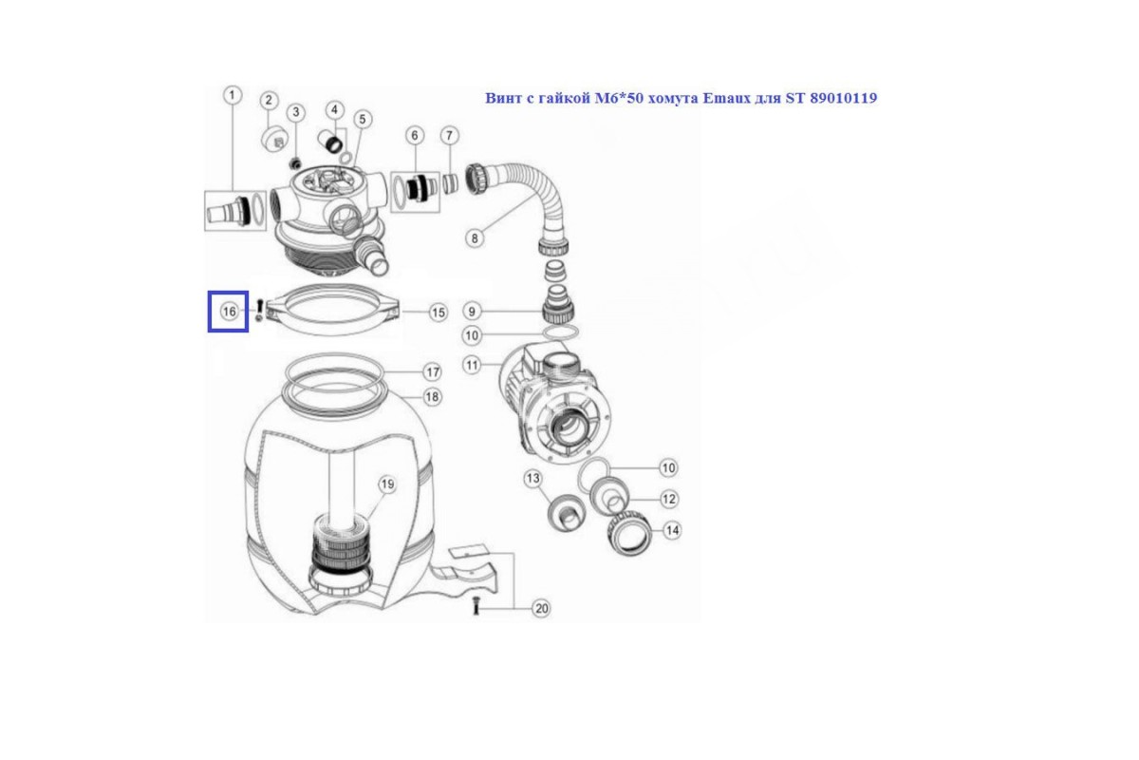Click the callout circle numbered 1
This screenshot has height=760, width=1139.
(x=233, y=95)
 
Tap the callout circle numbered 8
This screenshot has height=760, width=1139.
(x=475, y=238)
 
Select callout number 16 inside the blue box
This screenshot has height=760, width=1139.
(x=230, y=312)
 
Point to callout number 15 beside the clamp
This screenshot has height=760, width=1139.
(x=439, y=313)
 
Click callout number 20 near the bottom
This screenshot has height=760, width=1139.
(x=541, y=608)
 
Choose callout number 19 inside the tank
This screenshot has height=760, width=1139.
(x=387, y=484)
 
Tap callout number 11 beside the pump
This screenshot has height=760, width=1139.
(x=473, y=366)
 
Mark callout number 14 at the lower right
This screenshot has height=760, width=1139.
(x=672, y=530)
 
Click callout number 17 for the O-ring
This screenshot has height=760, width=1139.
(x=433, y=372)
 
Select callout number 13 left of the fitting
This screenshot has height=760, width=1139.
(x=532, y=479)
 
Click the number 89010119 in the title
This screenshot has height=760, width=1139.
(x=844, y=98)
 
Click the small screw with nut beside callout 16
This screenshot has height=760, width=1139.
(x=259, y=311)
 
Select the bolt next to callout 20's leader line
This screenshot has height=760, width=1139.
(x=476, y=606)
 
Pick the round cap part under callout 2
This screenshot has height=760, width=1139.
(x=275, y=138)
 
